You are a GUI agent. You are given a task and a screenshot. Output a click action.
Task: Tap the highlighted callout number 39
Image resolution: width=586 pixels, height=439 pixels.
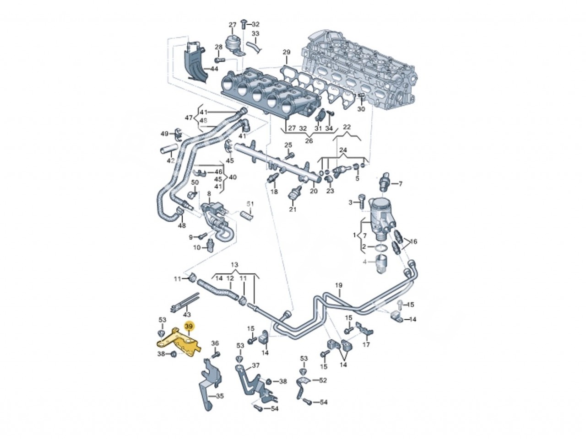189,327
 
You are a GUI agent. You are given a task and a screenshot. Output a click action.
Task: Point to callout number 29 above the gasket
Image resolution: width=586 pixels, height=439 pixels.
287,52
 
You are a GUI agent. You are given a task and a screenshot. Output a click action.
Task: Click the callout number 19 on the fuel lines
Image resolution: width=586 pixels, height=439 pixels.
338,287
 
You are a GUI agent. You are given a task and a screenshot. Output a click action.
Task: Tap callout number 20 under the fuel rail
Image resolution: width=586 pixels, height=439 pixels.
314,192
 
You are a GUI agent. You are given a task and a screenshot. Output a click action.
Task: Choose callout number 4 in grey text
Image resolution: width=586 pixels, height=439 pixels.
365,262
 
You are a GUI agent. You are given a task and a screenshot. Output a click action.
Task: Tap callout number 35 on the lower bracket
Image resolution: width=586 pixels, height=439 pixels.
220,396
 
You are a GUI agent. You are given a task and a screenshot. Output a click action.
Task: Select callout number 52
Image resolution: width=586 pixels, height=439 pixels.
323,380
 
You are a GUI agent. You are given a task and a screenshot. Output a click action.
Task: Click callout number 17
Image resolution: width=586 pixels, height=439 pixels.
366,344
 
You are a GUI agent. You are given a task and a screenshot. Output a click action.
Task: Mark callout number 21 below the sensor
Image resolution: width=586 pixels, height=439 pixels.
293,209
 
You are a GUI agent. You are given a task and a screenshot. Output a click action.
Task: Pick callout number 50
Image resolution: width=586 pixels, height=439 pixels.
195,182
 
